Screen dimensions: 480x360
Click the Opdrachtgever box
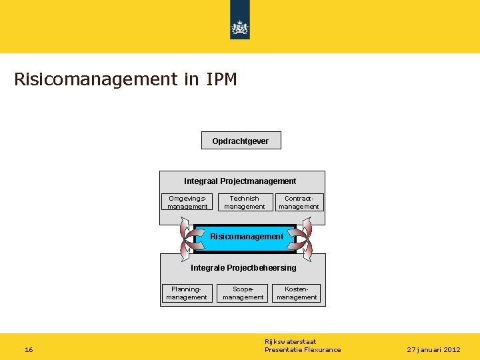[241, 141]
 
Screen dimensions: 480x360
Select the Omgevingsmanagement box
[187, 202]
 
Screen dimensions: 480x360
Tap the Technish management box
[244, 202]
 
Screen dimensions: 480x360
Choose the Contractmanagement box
[299, 202]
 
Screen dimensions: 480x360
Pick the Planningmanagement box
[187, 293]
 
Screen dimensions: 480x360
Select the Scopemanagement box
[243, 293]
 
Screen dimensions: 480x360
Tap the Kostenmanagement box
[297, 293]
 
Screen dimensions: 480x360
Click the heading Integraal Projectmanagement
[240, 181]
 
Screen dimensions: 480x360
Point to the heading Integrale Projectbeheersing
[243, 268]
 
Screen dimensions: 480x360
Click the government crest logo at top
[240, 27]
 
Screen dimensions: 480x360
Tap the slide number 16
[29, 349]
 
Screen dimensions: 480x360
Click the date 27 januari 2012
[434, 349]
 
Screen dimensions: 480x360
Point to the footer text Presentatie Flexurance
[303, 349]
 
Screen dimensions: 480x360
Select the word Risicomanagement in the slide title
[93, 80]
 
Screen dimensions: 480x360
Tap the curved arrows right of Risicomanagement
[305, 239]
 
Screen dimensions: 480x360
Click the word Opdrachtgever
[241, 141]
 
